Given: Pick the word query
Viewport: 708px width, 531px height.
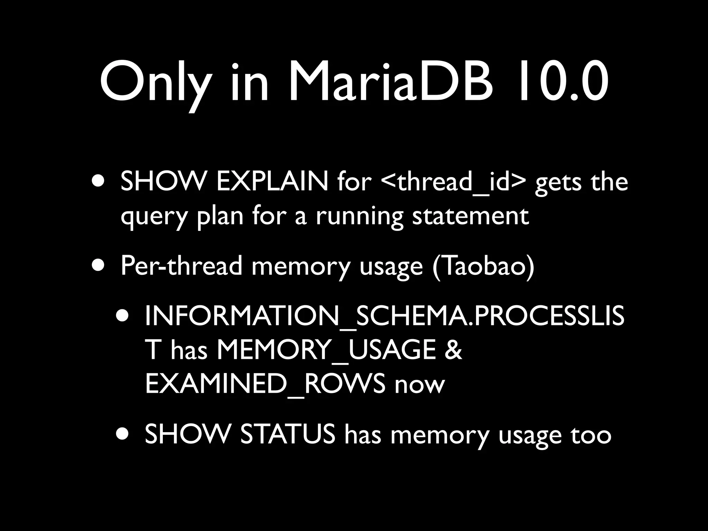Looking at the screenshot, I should pyautogui.click(x=154, y=217).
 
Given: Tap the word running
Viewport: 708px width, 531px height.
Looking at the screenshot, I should pyautogui.click(x=359, y=217).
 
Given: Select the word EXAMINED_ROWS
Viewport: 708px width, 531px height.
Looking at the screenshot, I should pyautogui.click(x=265, y=384).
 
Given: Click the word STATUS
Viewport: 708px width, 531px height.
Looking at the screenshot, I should pyautogui.click(x=288, y=434).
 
